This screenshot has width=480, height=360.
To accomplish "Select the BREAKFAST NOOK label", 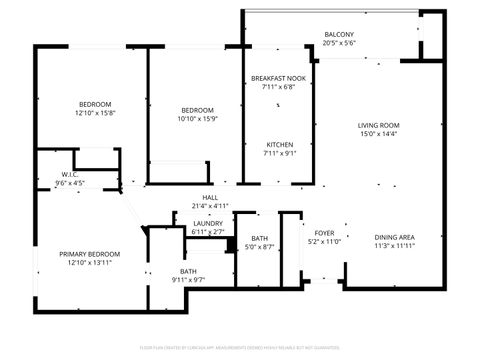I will [x=278, y=78].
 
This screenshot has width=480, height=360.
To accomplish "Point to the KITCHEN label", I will [x=278, y=144].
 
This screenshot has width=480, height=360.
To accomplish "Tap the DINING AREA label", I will [x=395, y=236].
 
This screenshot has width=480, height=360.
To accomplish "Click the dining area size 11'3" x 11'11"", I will [x=395, y=246].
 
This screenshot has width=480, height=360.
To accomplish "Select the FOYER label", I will [x=324, y=232].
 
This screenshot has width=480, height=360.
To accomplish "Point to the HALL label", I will [x=210, y=197].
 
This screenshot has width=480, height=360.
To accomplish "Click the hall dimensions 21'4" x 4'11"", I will [x=210, y=206].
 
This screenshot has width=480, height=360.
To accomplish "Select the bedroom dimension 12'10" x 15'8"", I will [x=95, y=113].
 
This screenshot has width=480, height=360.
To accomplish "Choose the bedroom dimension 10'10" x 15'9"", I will [x=197, y=119].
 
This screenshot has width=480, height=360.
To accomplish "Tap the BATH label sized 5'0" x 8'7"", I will [x=259, y=237].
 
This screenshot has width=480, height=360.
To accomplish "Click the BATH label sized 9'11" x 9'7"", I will [x=188, y=271].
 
